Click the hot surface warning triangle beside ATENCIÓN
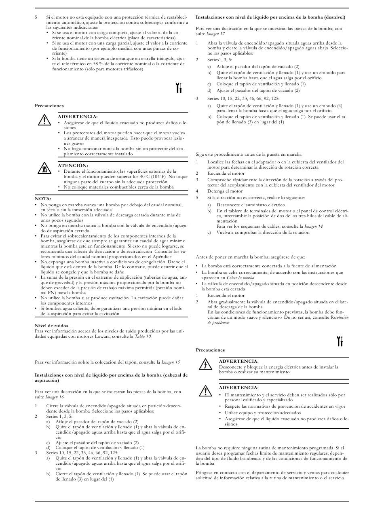[44, 169]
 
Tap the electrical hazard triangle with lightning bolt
[205, 365]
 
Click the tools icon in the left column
[180, 87]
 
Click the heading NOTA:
[43, 199]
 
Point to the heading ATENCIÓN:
[73, 165]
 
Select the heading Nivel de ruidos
[51, 326]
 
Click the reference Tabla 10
[143, 336]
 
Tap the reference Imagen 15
[171, 362]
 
